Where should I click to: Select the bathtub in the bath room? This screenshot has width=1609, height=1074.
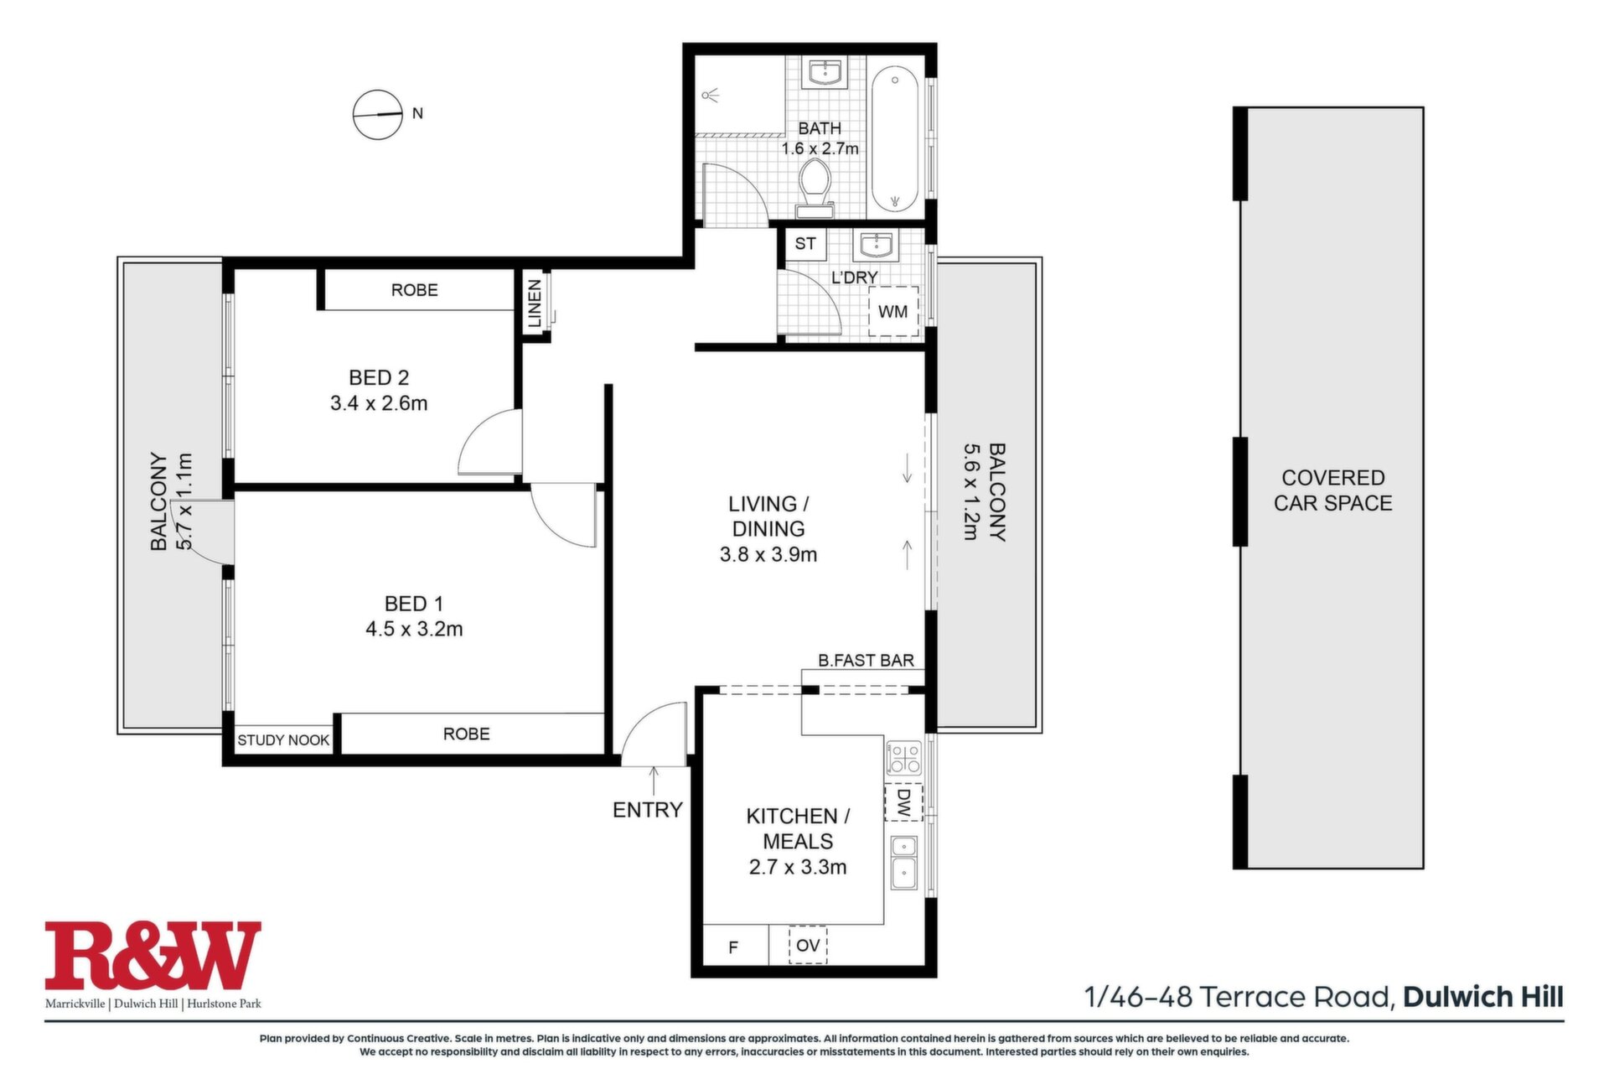tap(896, 139)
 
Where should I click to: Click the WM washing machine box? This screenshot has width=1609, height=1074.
tap(893, 312)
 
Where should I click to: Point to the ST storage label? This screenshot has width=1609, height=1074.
tap(805, 244)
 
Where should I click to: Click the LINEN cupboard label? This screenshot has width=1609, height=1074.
tap(535, 304)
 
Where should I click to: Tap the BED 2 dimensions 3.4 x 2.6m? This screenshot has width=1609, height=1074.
tap(379, 403)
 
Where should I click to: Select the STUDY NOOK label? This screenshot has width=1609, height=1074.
tap(283, 740)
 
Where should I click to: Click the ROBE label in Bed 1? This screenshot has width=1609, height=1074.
tap(466, 734)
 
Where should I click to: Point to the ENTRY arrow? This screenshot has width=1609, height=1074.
tap(654, 780)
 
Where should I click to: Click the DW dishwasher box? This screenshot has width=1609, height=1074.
tap(903, 802)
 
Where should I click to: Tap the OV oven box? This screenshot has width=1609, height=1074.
tap(808, 945)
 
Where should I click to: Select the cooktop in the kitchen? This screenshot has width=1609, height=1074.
tap(904, 757)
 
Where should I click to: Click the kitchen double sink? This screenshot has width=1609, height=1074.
tap(904, 863)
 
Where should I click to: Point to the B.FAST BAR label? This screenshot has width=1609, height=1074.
tap(866, 661)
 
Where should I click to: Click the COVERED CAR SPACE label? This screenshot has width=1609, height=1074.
tap(1332, 490)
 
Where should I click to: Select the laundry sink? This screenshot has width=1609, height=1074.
tap(876, 246)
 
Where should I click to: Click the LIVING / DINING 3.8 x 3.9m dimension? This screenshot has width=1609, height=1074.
tap(768, 555)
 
